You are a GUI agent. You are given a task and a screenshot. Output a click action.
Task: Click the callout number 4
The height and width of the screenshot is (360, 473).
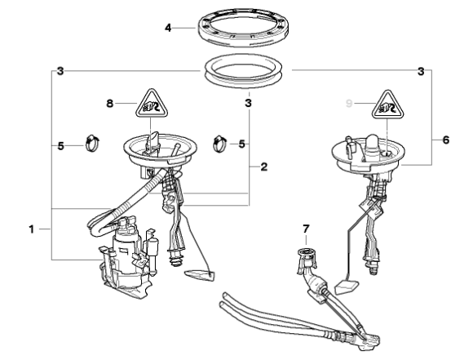click(168, 28)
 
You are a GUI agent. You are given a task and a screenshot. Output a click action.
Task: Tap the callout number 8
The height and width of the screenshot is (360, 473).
click(110, 104)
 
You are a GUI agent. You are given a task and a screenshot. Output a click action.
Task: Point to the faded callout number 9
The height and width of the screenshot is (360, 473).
click(349, 104)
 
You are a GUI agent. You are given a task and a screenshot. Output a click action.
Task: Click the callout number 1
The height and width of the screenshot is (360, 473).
click(32, 229)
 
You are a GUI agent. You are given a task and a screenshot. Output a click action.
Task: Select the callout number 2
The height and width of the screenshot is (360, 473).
click(263, 167)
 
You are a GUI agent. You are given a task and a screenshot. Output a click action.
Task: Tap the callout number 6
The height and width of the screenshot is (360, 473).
click(445, 140)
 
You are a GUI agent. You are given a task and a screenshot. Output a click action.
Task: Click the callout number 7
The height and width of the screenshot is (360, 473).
click(306, 229)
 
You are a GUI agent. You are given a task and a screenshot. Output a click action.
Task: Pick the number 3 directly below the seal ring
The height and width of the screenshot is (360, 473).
click(248, 104)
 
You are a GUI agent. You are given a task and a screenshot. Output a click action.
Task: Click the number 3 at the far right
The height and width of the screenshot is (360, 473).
click(421, 72)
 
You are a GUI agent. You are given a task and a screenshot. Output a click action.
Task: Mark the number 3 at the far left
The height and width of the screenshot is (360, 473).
click(60, 72)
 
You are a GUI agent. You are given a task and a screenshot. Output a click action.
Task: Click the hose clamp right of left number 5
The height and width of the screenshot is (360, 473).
click(92, 143)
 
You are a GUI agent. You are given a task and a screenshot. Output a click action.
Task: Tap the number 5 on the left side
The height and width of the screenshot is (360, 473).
click(60, 146)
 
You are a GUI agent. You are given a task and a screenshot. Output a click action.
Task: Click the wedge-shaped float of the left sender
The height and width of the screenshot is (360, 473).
click(200, 275)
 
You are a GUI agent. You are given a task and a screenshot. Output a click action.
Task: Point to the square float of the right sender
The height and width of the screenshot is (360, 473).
click(347, 287)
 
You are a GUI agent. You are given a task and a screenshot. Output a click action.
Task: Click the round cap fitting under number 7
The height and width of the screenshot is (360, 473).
click(306, 251)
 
